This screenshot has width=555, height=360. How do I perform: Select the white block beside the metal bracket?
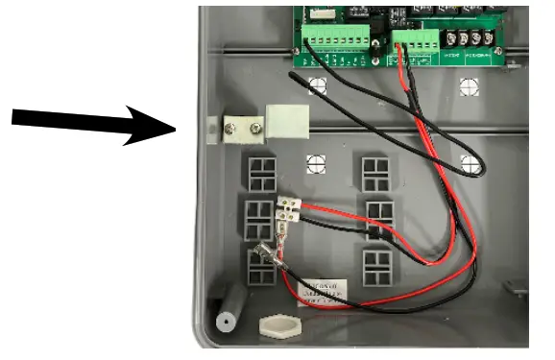click(x=286, y=122)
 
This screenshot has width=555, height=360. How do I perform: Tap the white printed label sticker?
click(x=324, y=289)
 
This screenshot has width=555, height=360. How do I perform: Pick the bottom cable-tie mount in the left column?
click(x=260, y=266)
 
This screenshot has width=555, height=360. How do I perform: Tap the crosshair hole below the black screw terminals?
click(x=469, y=84)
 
